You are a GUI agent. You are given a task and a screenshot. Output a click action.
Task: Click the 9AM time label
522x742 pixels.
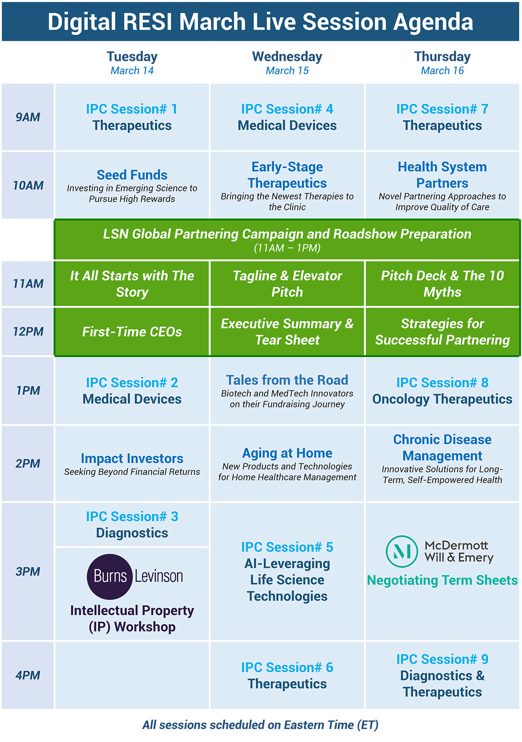tap(28, 117)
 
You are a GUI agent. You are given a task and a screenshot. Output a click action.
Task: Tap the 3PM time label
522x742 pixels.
tap(28, 572)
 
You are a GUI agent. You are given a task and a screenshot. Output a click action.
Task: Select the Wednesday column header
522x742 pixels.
tap(287, 57)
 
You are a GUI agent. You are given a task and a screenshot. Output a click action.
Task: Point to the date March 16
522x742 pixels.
tap(442, 70)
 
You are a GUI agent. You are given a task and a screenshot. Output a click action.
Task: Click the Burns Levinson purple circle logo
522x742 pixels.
tap(109, 576)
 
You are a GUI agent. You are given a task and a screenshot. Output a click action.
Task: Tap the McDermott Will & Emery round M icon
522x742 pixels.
tap(402, 551)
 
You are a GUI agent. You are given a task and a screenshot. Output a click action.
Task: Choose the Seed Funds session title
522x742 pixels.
tap(132, 175)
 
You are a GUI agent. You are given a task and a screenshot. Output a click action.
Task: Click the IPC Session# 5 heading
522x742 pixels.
tap(287, 547)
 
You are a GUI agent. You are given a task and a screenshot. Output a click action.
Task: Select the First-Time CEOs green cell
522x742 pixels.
tap(132, 332)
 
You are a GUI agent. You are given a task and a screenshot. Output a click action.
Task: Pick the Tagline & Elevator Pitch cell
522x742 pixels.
tap(287, 284)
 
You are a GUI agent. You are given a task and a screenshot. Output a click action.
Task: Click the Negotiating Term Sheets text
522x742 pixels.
tap(442, 580)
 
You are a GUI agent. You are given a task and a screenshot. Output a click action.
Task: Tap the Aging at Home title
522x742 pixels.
tap(287, 453)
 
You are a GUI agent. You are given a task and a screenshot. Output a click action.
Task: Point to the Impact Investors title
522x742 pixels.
tap(132, 458)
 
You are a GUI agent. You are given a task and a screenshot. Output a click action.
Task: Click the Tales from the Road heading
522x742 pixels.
tap(287, 380)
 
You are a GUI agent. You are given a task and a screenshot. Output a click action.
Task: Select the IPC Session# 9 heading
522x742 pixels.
tap(442, 659)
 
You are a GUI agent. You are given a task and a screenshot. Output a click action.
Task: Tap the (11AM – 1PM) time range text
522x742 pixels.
tap(287, 248)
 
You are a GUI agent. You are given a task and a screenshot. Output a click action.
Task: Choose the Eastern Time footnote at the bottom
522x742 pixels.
tap(260, 725)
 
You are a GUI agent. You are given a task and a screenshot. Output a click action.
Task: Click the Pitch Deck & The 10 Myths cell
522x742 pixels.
tap(442, 284)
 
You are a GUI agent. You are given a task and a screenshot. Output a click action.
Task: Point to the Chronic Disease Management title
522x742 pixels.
tap(442, 448)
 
